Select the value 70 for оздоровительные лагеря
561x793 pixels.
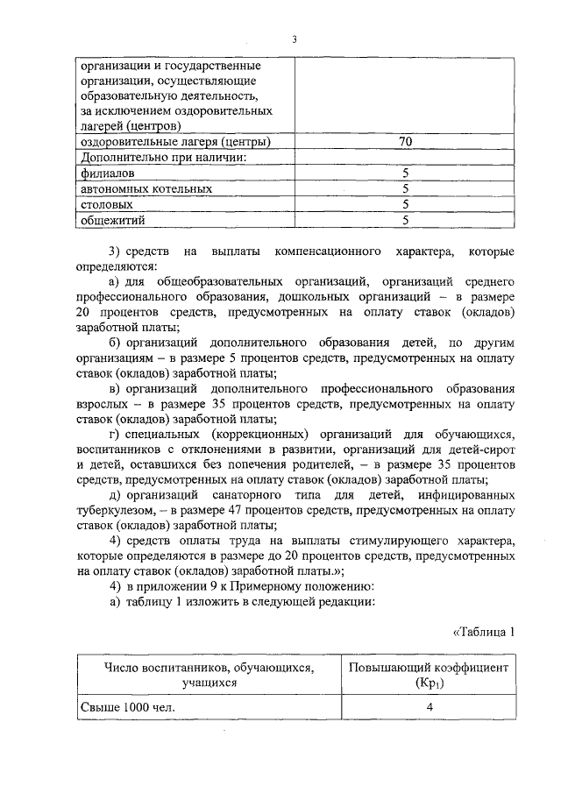pos(405,141)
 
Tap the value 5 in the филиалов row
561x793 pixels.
pos(405,173)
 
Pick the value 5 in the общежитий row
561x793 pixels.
pos(405,220)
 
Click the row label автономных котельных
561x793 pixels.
pos(146,188)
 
